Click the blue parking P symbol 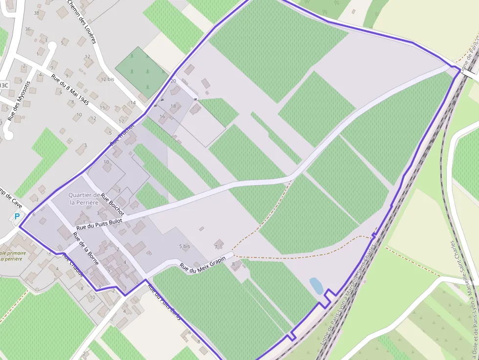click(x=17, y=216)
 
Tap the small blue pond click(x=316, y=285)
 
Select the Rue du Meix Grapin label click(x=203, y=263)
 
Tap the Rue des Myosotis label click(x=20, y=101)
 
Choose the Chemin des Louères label click(x=82, y=21)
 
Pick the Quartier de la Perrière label click(x=84, y=198)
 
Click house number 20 click(x=173, y=81)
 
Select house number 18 click(x=173, y=106)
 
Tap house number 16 click(x=162, y=117)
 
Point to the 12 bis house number click(x=107, y=79)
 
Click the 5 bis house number click(x=184, y=246)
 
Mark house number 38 click(x=36, y=13)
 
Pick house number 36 click(x=28, y=29)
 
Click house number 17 click(x=122, y=121)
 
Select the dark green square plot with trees click(x=142, y=72)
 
